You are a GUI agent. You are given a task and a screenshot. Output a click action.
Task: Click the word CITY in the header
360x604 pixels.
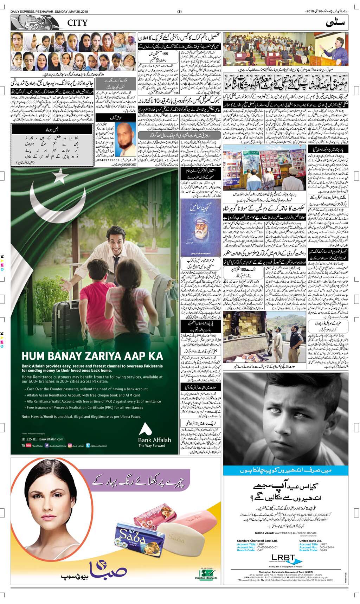pos(75,24)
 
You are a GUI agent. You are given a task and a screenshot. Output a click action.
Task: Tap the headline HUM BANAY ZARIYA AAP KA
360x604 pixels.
pos(92,356)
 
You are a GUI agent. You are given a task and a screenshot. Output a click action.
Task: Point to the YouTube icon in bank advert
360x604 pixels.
pos(26,445)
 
